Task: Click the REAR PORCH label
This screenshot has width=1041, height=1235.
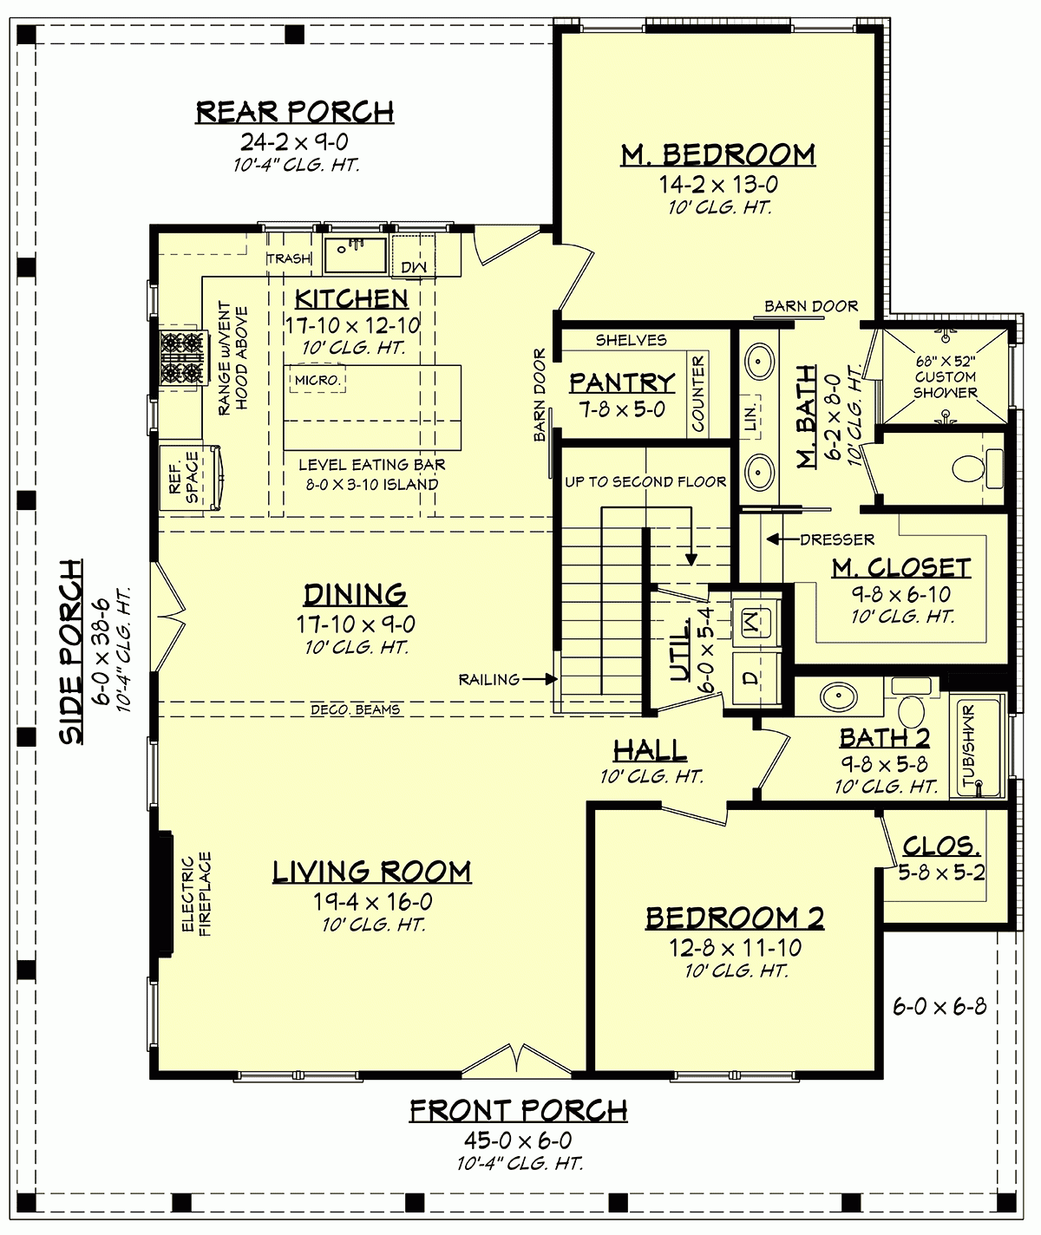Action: (295, 112)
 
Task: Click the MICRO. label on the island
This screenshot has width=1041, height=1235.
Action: (318, 380)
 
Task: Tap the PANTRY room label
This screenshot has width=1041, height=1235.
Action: (622, 382)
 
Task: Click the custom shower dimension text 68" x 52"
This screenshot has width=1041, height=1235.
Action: (946, 361)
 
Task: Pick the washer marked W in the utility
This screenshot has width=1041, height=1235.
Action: (749, 620)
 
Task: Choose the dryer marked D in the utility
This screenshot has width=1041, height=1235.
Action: (749, 676)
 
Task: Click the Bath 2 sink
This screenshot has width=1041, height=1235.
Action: (838, 696)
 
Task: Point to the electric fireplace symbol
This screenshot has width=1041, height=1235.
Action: (162, 893)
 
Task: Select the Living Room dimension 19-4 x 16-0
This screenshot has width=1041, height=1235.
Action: (372, 902)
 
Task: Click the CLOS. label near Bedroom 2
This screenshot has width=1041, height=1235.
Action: (941, 846)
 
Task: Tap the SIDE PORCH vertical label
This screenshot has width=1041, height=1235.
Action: (73, 650)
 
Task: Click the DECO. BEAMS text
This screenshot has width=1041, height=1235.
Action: (356, 709)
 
